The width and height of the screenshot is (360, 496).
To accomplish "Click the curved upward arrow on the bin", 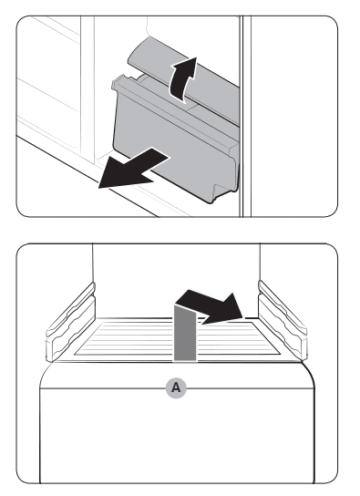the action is pos(181,80).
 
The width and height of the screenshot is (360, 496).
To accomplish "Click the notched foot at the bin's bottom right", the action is pos(222,191).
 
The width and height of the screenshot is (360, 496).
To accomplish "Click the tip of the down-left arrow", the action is pos(99,188).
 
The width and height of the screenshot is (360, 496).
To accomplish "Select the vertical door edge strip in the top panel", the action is pos(245,116).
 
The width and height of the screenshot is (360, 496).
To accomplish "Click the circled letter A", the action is pos(176,387).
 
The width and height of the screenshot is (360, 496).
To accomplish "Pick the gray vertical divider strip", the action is pos(185,332).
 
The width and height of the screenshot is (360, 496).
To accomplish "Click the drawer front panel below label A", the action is pos(177,437).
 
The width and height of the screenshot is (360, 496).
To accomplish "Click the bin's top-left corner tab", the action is pos(121,79).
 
